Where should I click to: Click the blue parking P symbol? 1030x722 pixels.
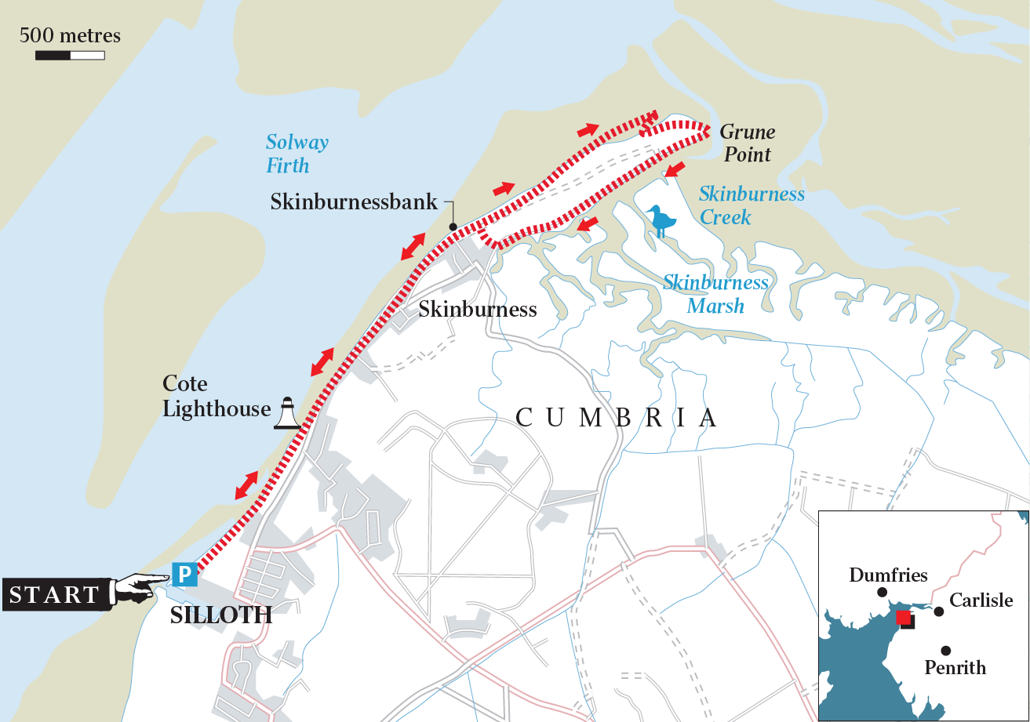[184, 575]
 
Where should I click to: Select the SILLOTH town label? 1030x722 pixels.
[221, 615]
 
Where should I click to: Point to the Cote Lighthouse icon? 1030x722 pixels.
[286, 413]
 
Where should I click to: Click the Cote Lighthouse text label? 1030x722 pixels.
[207, 397]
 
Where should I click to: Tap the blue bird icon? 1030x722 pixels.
[663, 221]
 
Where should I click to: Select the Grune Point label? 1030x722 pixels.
[747, 143]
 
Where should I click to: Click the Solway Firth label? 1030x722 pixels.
[296, 154]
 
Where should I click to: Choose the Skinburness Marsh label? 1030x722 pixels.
[715, 293]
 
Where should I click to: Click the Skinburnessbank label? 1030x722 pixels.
[354, 202]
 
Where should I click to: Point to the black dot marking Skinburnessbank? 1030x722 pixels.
[453, 227]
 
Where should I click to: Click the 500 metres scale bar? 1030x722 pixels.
[70, 55]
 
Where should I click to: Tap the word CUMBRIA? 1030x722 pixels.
[617, 417]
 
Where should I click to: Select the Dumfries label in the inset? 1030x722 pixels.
[888, 575]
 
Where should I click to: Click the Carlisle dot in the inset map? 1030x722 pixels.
[939, 611]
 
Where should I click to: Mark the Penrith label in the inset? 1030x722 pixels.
[955, 668]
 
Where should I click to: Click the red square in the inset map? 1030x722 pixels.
[904, 619]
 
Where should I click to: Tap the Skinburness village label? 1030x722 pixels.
[477, 309]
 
